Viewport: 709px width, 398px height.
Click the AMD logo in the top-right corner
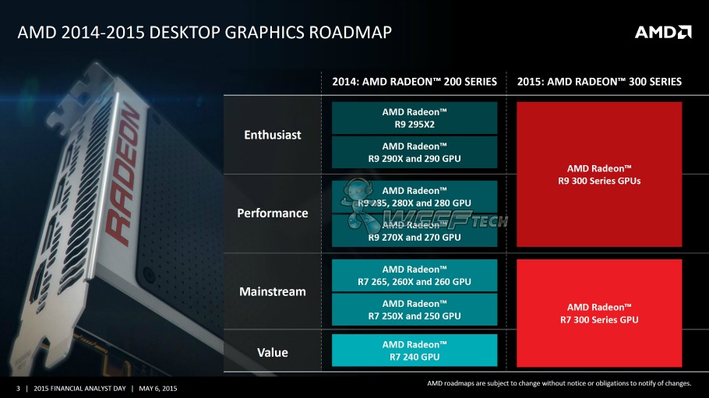662,32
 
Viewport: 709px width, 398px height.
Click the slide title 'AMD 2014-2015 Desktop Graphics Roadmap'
204,33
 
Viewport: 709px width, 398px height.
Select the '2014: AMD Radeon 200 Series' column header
414,82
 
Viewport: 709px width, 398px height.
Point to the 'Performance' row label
273,213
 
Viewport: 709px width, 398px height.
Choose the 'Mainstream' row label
272,291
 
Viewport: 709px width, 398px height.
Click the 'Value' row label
272,352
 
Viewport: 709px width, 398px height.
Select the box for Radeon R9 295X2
414,118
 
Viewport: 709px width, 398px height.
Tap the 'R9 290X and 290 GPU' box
414,152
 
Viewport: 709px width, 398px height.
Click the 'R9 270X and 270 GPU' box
414,231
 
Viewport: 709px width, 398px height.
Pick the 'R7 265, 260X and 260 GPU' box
414,275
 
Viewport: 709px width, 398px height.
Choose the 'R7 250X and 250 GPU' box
414,309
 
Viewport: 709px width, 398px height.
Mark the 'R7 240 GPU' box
414,350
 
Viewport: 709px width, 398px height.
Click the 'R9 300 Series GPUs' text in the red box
599,174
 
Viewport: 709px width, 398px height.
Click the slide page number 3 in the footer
17,389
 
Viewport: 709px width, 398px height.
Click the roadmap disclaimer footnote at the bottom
558,382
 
